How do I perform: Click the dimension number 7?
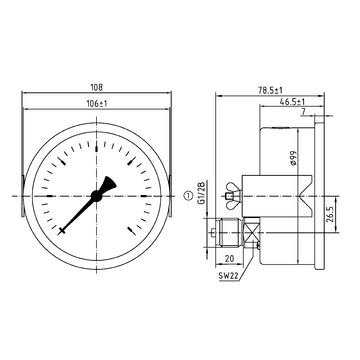(x=305, y=113)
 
